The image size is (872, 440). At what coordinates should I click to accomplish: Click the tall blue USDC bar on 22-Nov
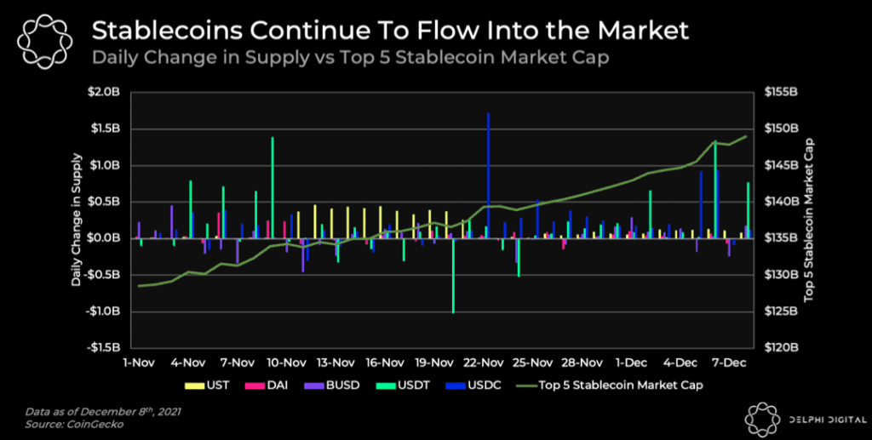click(488, 174)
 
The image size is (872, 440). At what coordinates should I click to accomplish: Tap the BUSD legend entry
click(336, 385)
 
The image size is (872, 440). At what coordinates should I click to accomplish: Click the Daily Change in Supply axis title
click(77, 220)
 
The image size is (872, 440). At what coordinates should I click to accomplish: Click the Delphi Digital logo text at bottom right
click(817, 420)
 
